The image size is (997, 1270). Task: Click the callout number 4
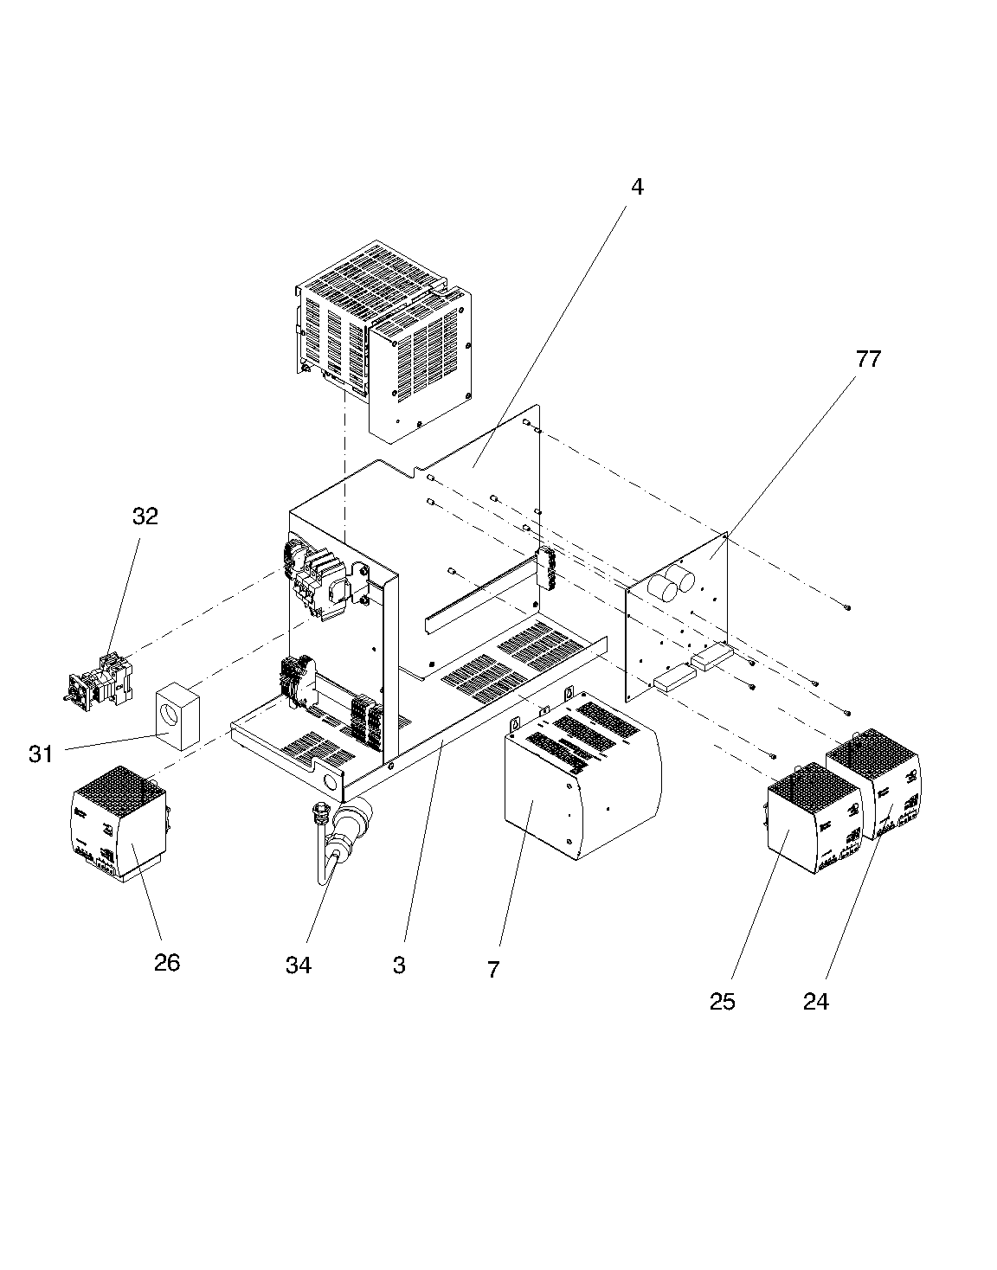pos(637,187)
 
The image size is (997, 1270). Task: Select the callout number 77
pos(868,359)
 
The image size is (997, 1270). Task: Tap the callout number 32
pos(145,516)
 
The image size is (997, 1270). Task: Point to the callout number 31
pos(41,754)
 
